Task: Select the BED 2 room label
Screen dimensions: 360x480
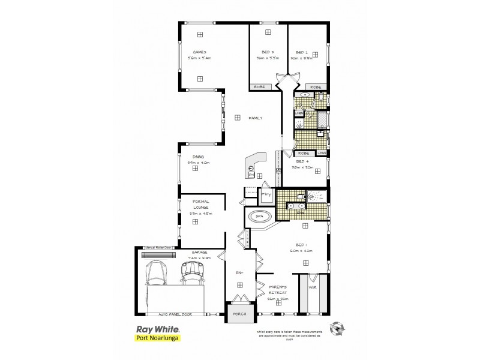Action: pyautogui.click(x=301, y=52)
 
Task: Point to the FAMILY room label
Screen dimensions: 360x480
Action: pyautogui.click(x=256, y=118)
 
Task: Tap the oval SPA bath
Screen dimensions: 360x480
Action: pyautogui.click(x=259, y=217)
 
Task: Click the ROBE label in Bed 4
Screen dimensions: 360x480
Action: pyautogui.click(x=302, y=153)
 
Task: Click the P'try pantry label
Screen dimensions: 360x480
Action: pyautogui.click(x=265, y=194)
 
